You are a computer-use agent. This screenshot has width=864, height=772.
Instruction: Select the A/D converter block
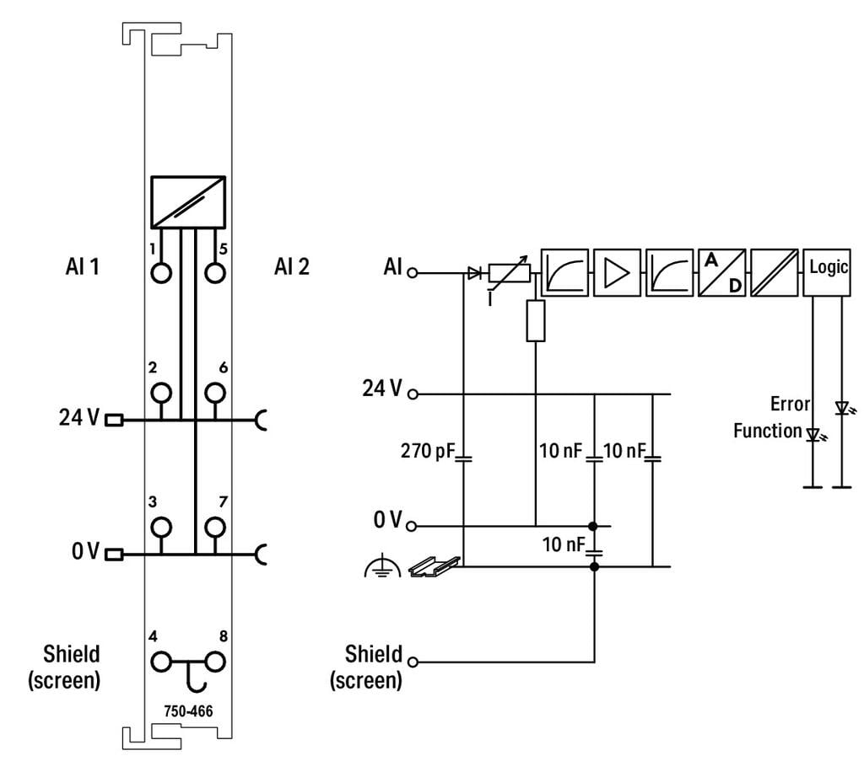pyautogui.click(x=721, y=271)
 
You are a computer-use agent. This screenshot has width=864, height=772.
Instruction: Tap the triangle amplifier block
pyautogui.click(x=617, y=271)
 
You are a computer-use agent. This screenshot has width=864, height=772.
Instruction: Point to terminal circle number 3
pyautogui.click(x=160, y=527)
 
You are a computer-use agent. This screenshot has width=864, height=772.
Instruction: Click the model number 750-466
pyautogui.click(x=188, y=710)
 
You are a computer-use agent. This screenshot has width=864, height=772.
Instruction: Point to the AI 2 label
pyautogui.click(x=292, y=267)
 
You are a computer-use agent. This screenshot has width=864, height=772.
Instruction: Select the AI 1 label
pyautogui.click(x=83, y=267)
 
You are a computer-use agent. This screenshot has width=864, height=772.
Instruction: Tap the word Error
pyautogui.click(x=790, y=404)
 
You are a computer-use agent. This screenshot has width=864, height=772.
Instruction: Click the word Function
pyautogui.click(x=767, y=431)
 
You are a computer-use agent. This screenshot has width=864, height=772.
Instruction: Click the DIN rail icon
pyautogui.click(x=434, y=566)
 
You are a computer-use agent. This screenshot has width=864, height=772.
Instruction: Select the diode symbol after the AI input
pyautogui.click(x=475, y=272)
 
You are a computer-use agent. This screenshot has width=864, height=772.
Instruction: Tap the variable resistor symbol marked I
pyautogui.click(x=510, y=272)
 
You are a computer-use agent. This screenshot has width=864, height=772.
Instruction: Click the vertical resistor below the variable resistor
pyautogui.click(x=536, y=320)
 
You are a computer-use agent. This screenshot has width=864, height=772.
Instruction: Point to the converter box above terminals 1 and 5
pyautogui.click(x=188, y=201)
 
